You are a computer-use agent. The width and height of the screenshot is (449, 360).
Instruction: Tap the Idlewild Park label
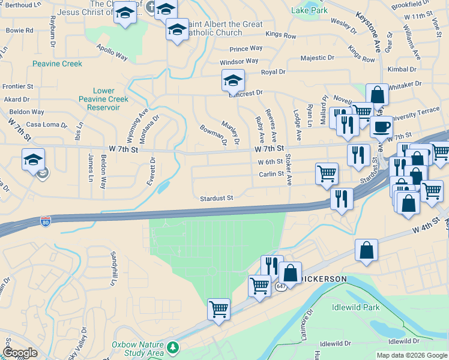[x=356, y=307]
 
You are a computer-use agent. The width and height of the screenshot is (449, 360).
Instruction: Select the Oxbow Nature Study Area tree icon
[x=173, y=347]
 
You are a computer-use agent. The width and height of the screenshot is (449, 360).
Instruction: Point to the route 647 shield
[x=281, y=287]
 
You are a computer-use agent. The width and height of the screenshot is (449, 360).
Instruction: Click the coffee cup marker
[x=381, y=127]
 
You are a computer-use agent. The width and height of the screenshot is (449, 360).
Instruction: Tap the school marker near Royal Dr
[x=233, y=80]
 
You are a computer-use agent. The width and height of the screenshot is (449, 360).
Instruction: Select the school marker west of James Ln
[x=33, y=160]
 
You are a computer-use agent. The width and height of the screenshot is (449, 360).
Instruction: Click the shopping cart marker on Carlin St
[x=327, y=174]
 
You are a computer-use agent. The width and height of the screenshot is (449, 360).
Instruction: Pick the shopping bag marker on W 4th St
[x=366, y=250]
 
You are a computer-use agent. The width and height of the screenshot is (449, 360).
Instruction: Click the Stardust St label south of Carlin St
[x=216, y=197]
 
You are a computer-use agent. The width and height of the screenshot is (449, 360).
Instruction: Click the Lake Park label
[x=309, y=10]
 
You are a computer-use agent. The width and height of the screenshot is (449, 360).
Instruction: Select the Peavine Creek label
[x=57, y=63]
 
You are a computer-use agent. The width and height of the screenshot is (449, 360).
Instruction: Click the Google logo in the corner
[x=20, y=353]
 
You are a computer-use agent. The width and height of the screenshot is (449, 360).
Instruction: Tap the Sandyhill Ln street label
[x=112, y=268]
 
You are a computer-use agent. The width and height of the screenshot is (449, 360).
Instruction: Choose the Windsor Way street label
[x=239, y=61]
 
